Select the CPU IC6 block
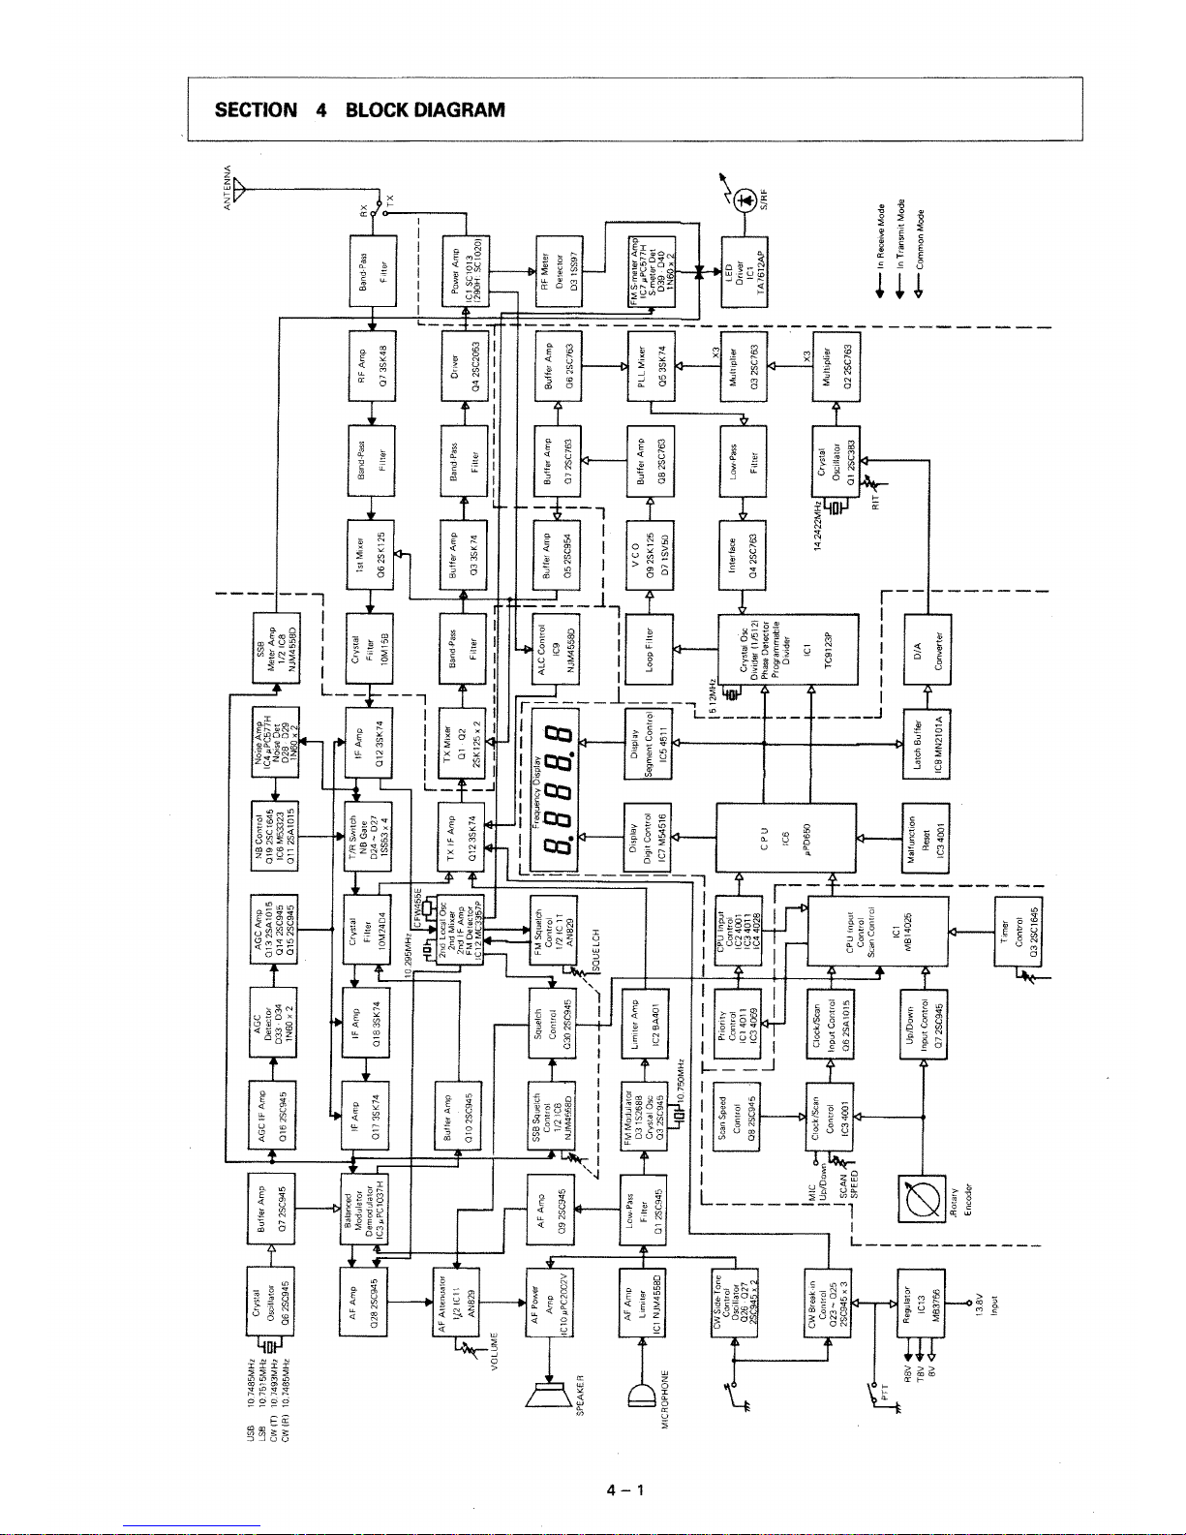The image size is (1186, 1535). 786,837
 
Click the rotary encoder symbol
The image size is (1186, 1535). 922,1198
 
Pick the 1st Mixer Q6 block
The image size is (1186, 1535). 371,555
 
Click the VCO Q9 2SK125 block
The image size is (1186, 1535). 651,555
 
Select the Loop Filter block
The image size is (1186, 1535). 651,649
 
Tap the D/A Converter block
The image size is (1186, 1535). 927,649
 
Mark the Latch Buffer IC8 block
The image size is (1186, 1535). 927,743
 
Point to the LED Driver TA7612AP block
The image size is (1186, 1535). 744,269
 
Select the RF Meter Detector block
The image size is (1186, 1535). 559,269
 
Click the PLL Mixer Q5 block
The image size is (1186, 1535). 651,366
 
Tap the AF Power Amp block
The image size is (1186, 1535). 550,1302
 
